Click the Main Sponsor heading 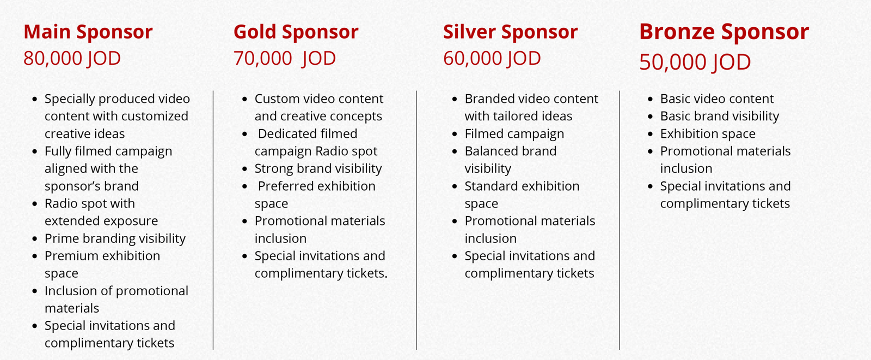[x=88, y=32]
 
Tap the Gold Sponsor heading [x=296, y=32]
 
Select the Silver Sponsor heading [x=510, y=32]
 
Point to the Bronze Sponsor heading [x=724, y=32]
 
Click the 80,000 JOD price [x=72, y=58]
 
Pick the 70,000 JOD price [x=285, y=58]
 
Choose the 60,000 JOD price [x=492, y=58]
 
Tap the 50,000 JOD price [x=695, y=62]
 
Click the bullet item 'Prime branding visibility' [x=115, y=239]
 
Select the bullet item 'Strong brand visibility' [x=318, y=168]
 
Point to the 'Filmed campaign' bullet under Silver [x=514, y=134]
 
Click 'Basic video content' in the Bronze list [x=716, y=99]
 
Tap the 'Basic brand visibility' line [x=719, y=117]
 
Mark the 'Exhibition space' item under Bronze [x=708, y=134]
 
